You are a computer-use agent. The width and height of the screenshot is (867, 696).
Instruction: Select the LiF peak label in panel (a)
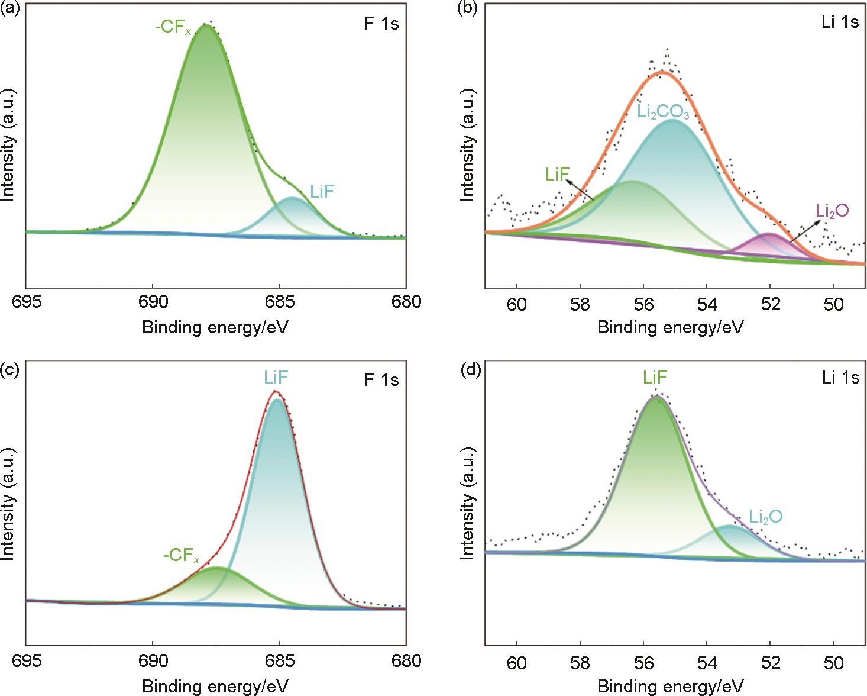point(322,191)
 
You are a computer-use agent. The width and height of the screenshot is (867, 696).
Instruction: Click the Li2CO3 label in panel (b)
point(664,113)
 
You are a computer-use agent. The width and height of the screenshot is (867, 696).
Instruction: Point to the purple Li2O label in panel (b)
point(832,210)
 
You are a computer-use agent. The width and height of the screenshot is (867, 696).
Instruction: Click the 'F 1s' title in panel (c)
point(381,379)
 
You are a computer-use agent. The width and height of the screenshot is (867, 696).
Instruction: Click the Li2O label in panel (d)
point(766,517)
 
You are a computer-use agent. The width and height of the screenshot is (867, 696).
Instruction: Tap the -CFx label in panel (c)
point(182,557)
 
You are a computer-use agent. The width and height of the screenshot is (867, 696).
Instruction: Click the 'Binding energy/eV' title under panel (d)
point(670,687)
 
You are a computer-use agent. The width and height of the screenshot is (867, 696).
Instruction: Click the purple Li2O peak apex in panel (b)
point(770,234)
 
